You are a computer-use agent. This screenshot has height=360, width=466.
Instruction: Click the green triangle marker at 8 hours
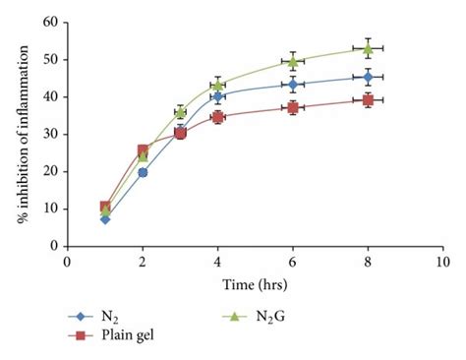[368, 48]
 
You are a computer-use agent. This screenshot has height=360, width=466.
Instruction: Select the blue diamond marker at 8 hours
[368, 77]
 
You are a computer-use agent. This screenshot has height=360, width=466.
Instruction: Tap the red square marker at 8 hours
[368, 99]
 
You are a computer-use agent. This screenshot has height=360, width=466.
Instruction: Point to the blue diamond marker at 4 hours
[217, 96]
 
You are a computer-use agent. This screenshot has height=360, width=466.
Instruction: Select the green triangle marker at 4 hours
[217, 85]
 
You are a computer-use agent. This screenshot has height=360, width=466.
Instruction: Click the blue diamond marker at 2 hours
[143, 172]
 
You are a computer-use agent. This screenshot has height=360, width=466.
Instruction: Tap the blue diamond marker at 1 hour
[105, 218]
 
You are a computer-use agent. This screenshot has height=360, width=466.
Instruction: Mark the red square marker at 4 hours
[217, 117]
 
